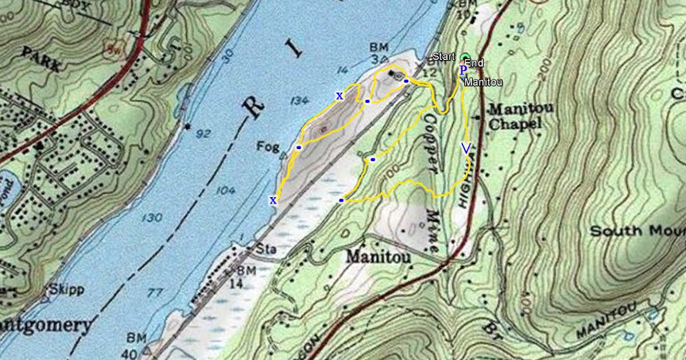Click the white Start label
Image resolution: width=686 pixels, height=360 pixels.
pos(444,57)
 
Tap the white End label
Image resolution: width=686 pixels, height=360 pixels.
pos(474,63)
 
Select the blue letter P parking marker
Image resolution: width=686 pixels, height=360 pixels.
pos(463,70)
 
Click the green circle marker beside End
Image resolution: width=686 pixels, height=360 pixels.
pos(465,57)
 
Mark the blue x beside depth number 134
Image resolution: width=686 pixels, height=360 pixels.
pos(340,95)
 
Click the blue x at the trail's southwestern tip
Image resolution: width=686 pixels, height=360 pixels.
pos(273,199)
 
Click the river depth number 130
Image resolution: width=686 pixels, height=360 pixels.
pos(151,218)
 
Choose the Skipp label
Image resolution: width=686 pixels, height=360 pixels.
pos(67,289)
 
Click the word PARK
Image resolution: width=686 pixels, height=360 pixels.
pos(41,59)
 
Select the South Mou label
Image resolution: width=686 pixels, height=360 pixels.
pos(637,231)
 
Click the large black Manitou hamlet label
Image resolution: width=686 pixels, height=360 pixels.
pos(378,258)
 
